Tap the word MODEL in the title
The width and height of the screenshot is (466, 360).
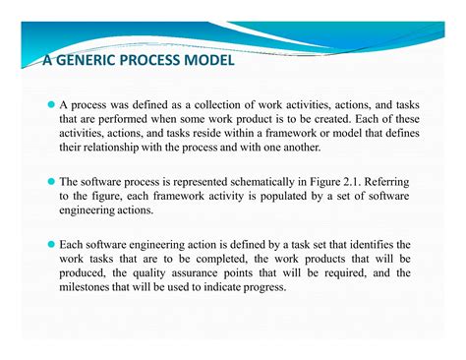[207, 62]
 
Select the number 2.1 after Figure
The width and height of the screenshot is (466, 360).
[350, 181]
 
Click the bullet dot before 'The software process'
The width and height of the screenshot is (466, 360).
[51, 182]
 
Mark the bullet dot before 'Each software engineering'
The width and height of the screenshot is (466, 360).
[51, 244]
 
